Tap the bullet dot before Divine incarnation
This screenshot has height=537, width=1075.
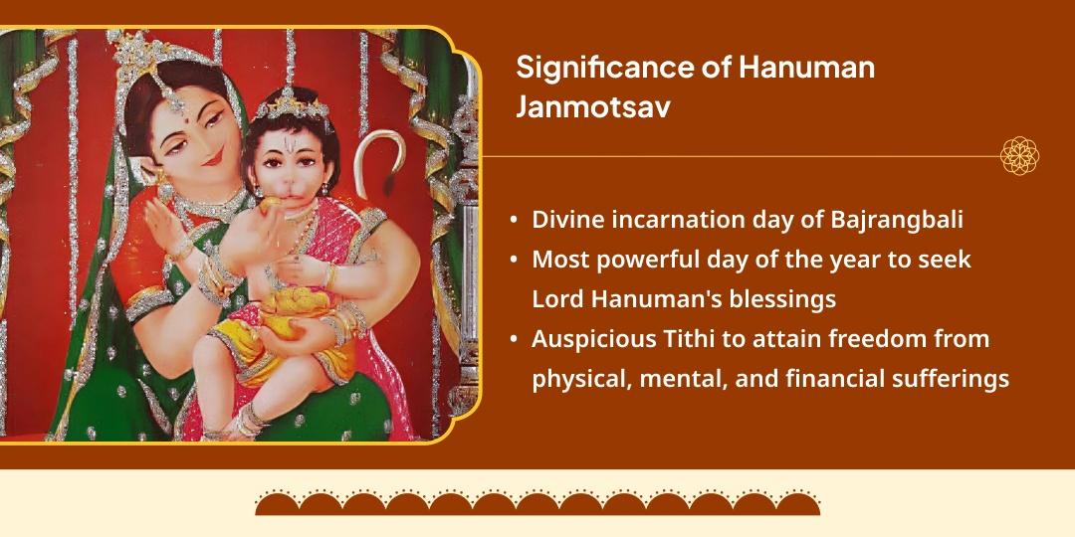tap(513, 221)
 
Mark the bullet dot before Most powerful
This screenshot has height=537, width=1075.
tap(513, 261)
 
